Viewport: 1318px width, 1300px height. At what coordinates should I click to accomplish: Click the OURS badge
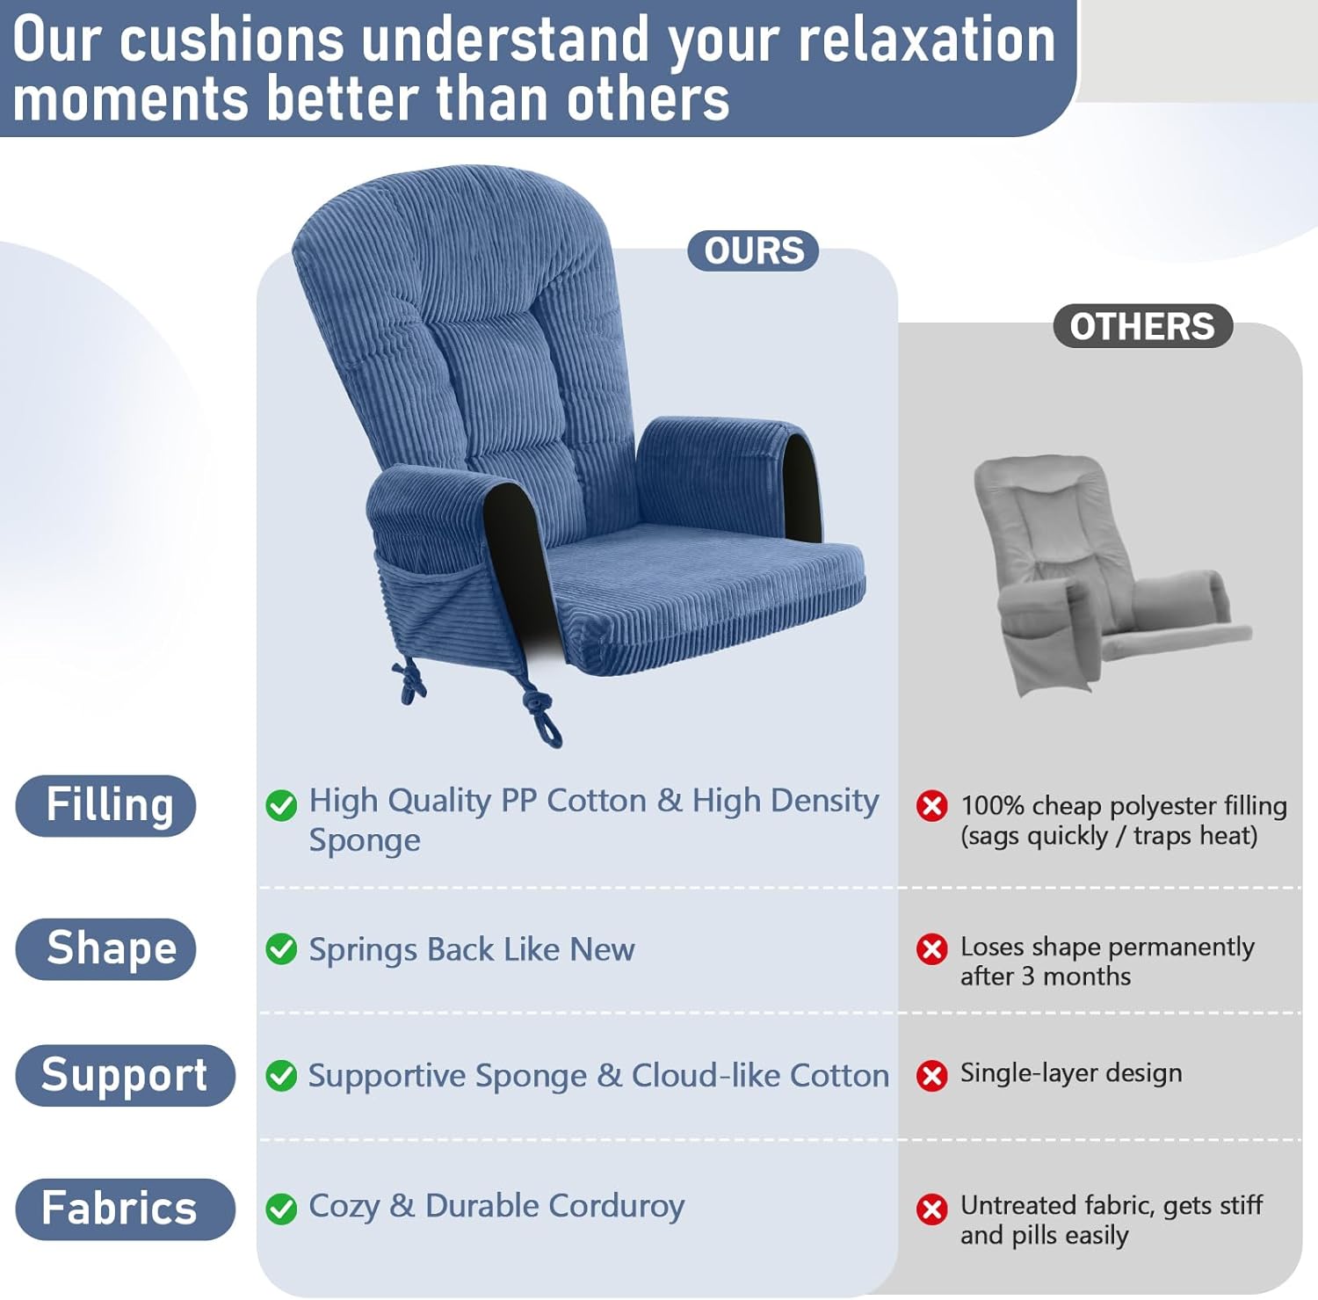pos(753,251)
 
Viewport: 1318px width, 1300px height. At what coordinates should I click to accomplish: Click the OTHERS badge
pos(1141,326)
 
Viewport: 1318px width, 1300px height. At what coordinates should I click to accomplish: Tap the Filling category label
pos(106,805)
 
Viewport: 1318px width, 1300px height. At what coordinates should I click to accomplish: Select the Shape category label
pos(106,948)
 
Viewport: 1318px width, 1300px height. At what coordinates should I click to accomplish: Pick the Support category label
pos(125,1075)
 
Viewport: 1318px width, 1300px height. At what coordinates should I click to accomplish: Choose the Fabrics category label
pos(125,1209)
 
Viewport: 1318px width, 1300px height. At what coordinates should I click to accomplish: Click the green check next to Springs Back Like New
pos(281,949)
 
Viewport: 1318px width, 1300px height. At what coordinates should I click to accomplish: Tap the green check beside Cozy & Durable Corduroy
pos(281,1209)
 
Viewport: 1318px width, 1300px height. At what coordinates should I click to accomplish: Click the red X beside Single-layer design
pos(931,1075)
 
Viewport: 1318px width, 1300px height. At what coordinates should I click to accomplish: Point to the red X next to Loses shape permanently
pos(931,949)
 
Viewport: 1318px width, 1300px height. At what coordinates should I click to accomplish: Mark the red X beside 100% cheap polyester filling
pos(931,805)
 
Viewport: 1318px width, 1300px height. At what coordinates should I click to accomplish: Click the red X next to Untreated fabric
pos(931,1209)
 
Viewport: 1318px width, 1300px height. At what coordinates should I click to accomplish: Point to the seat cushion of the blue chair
pos(703,580)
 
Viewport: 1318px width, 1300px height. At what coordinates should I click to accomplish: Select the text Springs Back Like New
pos(471,949)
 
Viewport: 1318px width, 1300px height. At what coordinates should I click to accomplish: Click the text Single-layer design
pos(1070,1073)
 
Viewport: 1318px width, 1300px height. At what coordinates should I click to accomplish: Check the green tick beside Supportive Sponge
pos(281,1076)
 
